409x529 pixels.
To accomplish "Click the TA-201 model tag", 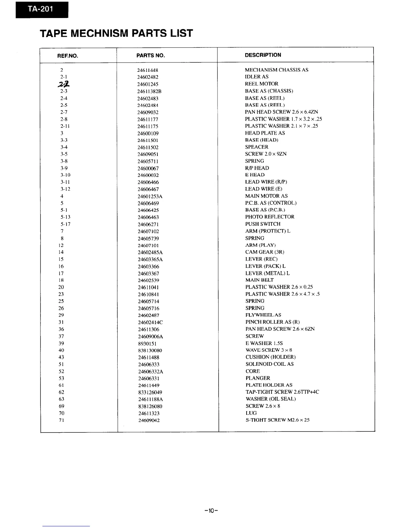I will tap(42, 10).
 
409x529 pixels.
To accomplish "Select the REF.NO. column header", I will tap(68, 56).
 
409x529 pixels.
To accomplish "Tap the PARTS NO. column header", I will tap(151, 55).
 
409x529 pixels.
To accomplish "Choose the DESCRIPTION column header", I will tap(263, 55).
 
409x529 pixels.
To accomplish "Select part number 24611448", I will tap(148, 70).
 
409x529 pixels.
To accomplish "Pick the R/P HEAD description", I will tap(257, 168).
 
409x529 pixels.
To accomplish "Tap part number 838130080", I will tap(150, 350).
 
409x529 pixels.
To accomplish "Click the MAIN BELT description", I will tap(259, 280).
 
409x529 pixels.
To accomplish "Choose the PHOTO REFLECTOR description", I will tap(270, 217).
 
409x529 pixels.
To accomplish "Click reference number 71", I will tap(61, 420).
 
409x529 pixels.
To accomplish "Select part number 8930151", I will tap(147, 343).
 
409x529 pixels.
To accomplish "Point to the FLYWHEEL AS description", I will tap(263, 315).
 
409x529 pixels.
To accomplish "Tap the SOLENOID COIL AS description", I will tap(269, 364).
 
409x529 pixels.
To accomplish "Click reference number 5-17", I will tap(65, 224).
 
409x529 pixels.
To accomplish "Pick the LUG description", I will tap(251, 413).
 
